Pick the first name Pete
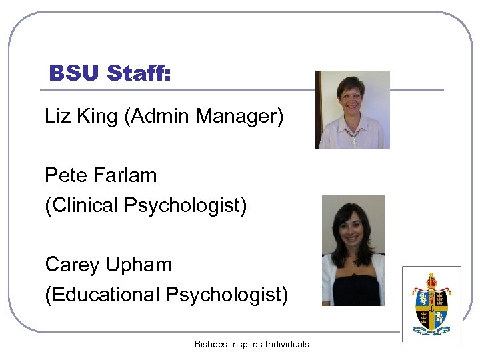pos(65,175)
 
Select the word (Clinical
pos(82,205)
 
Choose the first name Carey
pos(71,265)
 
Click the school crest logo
pos(431,303)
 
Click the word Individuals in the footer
pos(287,344)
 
